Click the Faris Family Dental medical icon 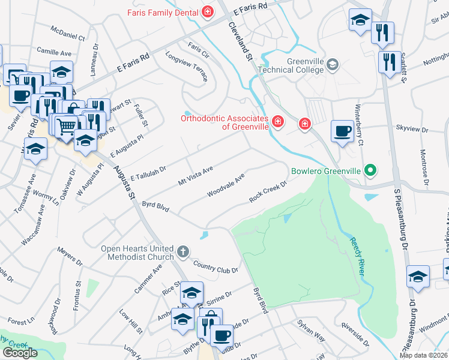click(208, 11)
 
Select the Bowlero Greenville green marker click(370, 171)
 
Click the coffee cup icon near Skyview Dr click(343, 131)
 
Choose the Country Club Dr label click(215, 266)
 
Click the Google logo click(20, 353)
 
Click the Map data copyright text click(423, 355)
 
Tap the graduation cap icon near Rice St click(191, 292)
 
